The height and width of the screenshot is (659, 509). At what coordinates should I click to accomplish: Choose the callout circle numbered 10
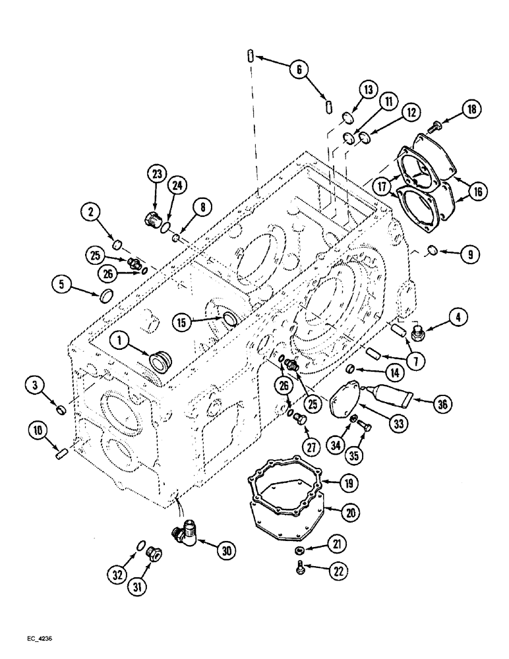point(38,432)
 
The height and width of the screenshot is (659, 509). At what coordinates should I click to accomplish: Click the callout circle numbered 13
point(367,90)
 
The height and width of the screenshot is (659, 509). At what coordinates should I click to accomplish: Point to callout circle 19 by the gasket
point(349,482)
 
